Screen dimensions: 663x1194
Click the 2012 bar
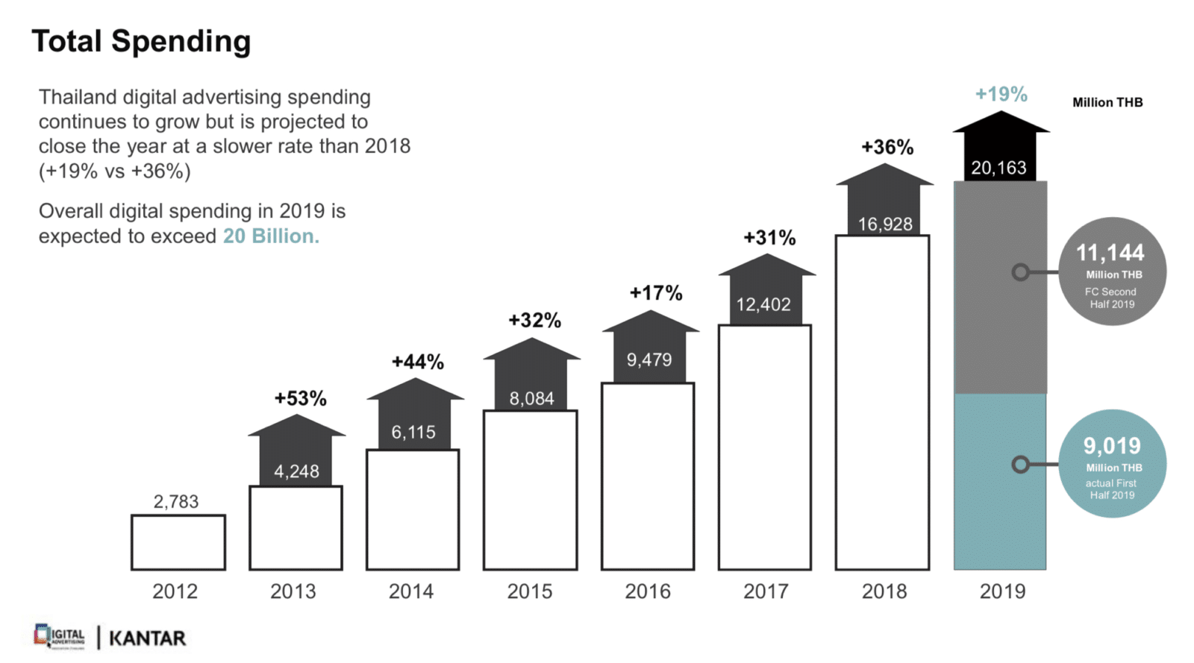tap(178, 542)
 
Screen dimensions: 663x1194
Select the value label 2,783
tap(176, 501)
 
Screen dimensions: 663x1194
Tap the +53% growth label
tap(300, 398)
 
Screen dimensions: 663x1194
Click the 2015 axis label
tap(530, 591)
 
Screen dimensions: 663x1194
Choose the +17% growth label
tap(656, 292)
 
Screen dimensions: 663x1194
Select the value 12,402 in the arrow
tap(763, 304)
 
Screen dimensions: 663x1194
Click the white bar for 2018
tap(882, 403)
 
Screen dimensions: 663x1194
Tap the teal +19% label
tap(1001, 94)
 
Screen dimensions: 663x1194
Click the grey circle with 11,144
tap(1112, 271)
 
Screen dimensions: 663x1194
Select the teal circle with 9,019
tap(1112, 463)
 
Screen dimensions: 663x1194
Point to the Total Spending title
tap(141, 41)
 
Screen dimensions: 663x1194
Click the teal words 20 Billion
tap(271, 236)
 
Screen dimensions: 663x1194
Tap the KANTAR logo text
tap(147, 638)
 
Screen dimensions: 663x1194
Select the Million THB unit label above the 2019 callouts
tap(1107, 102)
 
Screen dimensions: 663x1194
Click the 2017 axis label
tap(766, 591)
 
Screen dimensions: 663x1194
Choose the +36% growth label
tap(887, 147)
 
